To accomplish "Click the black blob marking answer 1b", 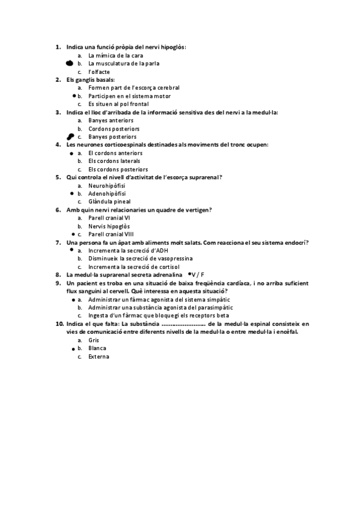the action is (70, 63).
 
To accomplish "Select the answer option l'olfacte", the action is (99, 71).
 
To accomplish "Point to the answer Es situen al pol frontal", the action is (118, 103).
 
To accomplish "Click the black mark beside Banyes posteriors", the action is (71, 137).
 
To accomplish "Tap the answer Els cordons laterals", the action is (114, 161).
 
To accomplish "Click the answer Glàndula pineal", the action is (109, 201).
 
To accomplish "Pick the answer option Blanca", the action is (97, 348).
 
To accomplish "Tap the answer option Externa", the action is (99, 357).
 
